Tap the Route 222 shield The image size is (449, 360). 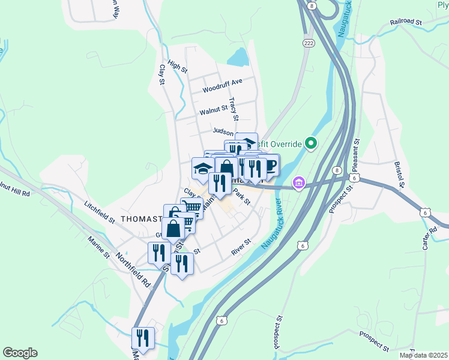tap(309, 43)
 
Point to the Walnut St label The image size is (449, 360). tap(214, 110)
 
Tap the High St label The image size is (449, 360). tap(178, 67)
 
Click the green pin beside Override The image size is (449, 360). tap(310, 144)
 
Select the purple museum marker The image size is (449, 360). tap(298, 182)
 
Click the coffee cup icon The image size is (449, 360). tap(270, 165)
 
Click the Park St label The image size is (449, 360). tap(241, 198)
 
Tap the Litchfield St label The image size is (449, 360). tap(100, 212)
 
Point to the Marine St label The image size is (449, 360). tap(99, 247)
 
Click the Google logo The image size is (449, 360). tap(19, 353)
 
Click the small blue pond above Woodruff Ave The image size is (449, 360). tap(237, 57)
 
